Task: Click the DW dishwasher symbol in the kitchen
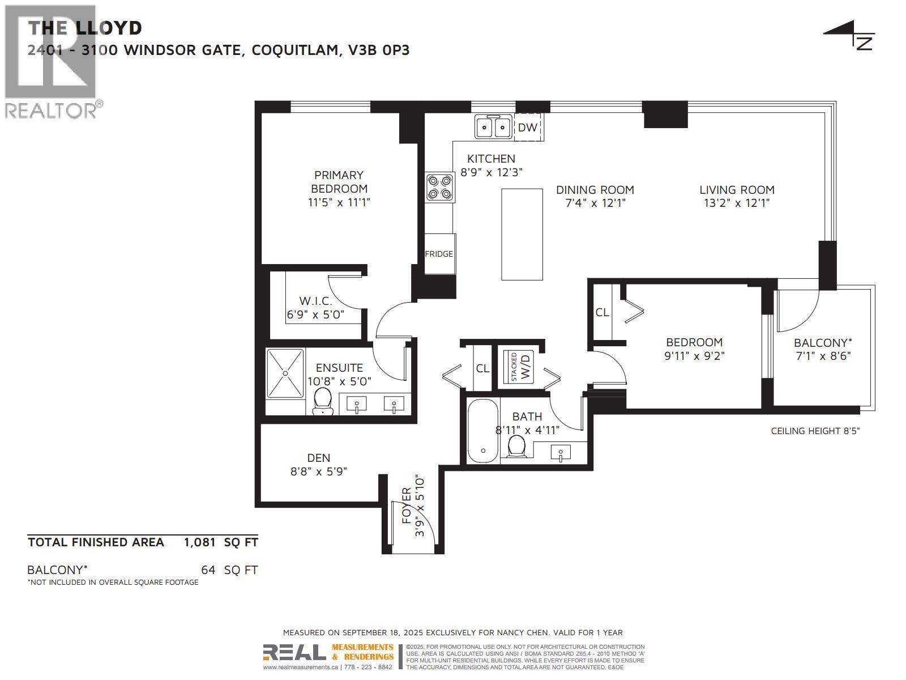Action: (528, 127)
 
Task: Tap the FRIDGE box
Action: (439, 254)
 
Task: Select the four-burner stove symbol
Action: (440, 188)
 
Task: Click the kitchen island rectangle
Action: (522, 234)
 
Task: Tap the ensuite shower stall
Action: (285, 373)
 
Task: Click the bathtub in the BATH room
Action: (483, 431)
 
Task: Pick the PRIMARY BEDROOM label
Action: (339, 182)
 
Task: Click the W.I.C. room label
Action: (315, 301)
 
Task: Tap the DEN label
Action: (318, 458)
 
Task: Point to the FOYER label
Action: (406, 505)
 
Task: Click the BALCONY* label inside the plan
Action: (822, 343)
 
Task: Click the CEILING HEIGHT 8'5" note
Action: (815, 431)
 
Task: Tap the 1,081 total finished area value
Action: (199, 542)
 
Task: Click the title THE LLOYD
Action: (85, 28)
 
